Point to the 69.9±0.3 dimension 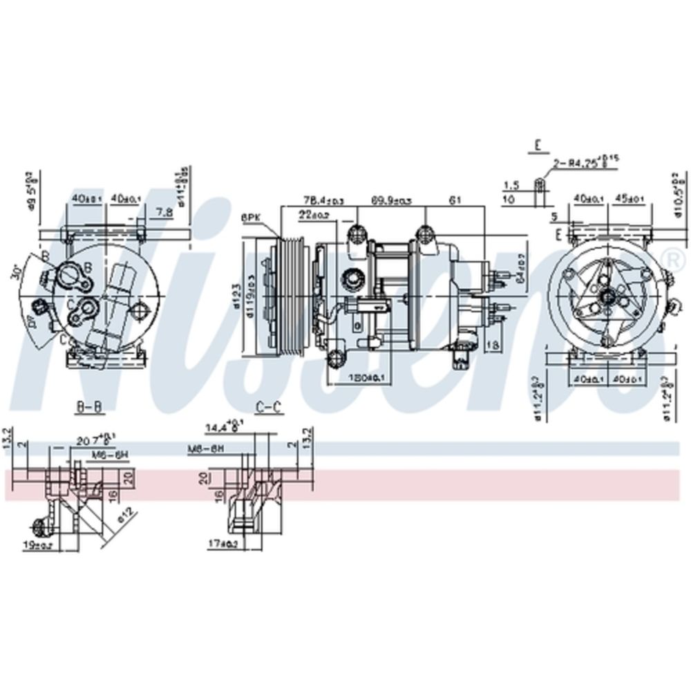pyautogui.click(x=392, y=200)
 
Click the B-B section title pyautogui.click(x=88, y=407)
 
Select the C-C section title pyautogui.click(x=269, y=407)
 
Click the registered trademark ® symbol pyautogui.click(x=670, y=258)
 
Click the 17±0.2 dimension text pyautogui.click(x=223, y=545)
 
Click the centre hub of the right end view pyautogui.click(x=608, y=296)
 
